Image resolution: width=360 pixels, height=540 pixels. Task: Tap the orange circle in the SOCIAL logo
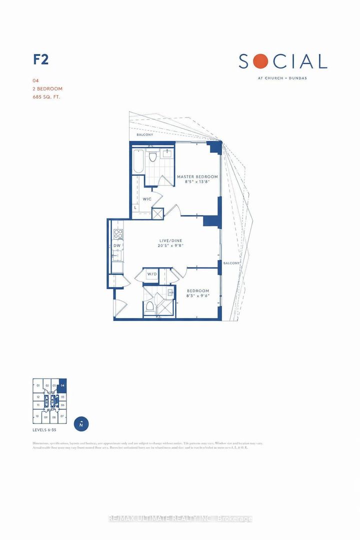259,61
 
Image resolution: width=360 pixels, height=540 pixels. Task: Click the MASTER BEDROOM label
197,177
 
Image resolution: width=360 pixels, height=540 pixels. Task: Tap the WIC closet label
147,198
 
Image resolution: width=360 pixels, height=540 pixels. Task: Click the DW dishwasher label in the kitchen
116,245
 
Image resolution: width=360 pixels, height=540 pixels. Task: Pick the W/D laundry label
152,274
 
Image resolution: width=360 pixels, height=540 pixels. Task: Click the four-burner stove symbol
118,233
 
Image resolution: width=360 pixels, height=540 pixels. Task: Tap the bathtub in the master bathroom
138,160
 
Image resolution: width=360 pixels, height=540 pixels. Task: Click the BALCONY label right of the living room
231,263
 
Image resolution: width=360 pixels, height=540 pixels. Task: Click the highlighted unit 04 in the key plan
62,385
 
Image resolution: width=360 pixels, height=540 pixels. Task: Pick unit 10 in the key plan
37,416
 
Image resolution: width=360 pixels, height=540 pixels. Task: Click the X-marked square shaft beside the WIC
157,214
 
